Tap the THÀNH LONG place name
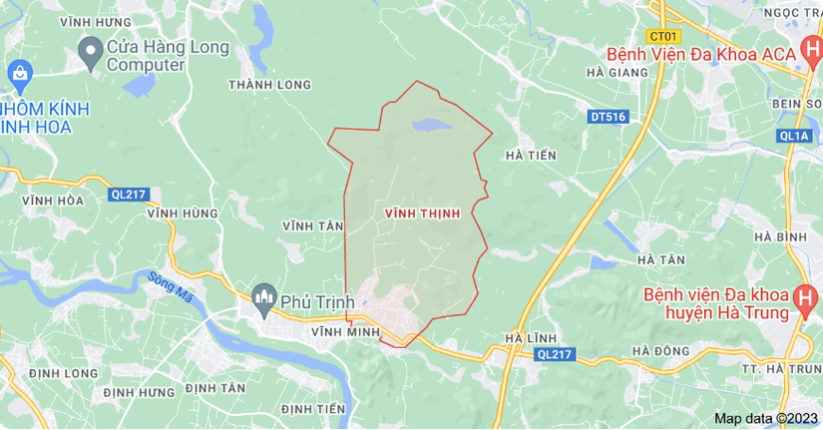(x=269, y=85)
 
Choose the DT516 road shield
(x=608, y=117)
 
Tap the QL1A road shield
(x=795, y=136)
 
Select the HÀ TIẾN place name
(x=531, y=156)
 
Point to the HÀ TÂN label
(x=659, y=259)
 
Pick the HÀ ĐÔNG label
(x=661, y=350)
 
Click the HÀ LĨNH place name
(x=530, y=338)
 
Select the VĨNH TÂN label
(x=312, y=226)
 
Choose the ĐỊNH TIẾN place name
(x=312, y=409)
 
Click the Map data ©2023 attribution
(x=765, y=418)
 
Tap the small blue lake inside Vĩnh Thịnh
(x=430, y=126)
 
